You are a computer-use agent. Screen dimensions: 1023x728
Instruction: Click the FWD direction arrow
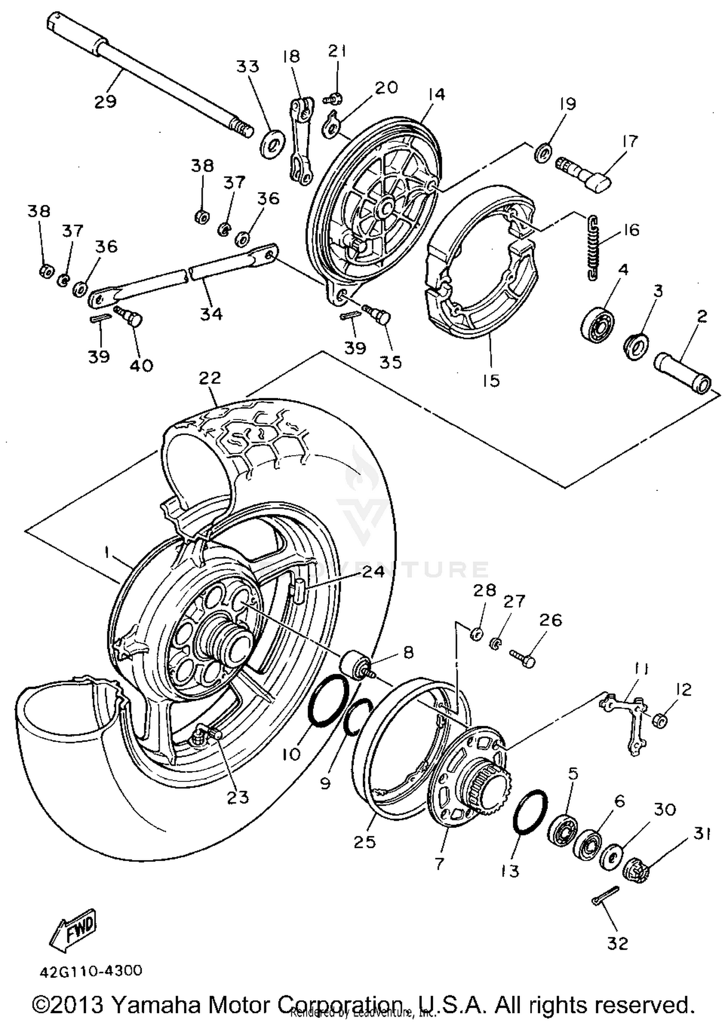point(73,930)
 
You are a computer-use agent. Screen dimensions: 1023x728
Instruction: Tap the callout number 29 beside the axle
point(105,101)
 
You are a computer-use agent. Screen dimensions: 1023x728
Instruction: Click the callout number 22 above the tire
point(210,378)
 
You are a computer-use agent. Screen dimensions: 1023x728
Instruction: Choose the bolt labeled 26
point(523,657)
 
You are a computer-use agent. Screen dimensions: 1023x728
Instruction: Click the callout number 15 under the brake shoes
point(491,380)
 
